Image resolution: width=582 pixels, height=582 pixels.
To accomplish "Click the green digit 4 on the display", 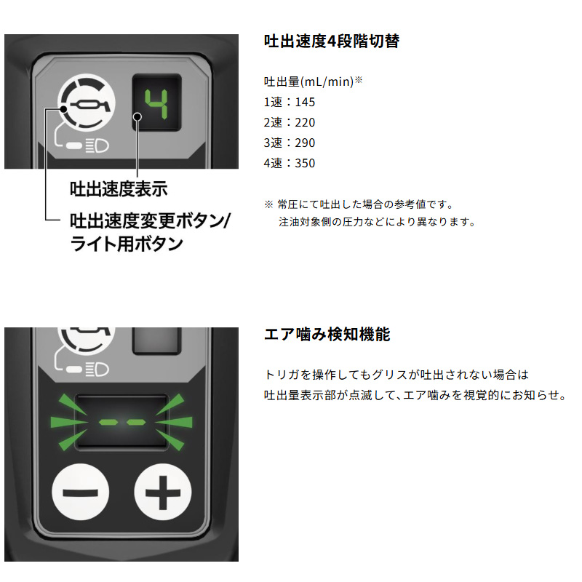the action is coord(156,104).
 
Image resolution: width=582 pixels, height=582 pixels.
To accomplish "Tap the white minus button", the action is coord(81,493).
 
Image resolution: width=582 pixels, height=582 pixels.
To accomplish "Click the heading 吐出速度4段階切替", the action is coord(332,41).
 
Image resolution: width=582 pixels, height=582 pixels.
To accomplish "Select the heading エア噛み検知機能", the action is coord(327,334).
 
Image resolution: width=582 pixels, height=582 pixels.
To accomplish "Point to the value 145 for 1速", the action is coord(305,102).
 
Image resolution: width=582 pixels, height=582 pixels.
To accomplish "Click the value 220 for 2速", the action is coord(305,122).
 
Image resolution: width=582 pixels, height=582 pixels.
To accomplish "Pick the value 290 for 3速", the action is coord(305,143).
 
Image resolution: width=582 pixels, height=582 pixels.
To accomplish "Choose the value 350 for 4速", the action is coord(305,163).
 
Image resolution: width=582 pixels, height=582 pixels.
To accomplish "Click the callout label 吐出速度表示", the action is coord(119,189).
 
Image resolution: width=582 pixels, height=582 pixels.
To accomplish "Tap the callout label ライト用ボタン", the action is coord(127,244).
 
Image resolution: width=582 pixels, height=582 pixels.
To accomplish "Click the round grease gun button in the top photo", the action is coord(86,102).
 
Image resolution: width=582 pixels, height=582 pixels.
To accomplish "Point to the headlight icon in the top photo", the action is coord(97,145).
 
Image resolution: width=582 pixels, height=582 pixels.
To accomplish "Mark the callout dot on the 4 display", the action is coord(137,117).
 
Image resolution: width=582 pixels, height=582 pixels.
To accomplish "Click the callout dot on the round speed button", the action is coord(63,109).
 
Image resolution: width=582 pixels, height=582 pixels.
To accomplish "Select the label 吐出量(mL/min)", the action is coord(308,81).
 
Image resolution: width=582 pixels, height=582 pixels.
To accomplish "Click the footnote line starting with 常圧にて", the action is coord(365,204).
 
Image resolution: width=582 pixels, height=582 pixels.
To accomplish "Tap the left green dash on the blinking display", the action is coord(108,422).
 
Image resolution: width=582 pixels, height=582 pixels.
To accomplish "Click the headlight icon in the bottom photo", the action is coord(97,370).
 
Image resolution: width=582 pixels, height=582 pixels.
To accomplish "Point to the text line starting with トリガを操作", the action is coord(396,375).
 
